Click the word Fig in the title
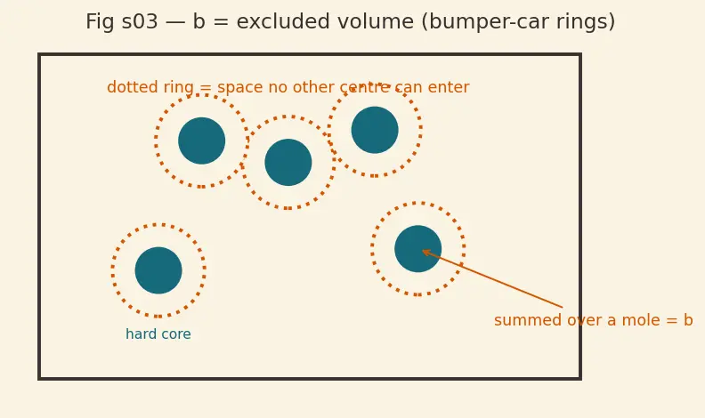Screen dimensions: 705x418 [99, 22]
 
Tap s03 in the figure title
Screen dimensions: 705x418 [140, 22]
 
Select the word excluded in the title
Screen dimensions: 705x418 [274, 21]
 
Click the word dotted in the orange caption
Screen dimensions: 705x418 [126, 87]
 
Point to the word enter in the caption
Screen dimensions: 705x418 [449, 87]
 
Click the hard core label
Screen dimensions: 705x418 [158, 334]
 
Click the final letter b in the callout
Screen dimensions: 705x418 [688, 320]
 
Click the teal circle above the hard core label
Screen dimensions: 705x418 [158, 270]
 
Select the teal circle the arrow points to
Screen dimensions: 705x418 [418, 249]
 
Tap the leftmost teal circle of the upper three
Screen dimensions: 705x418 [201, 141]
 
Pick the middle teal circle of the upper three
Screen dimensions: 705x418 [288, 162]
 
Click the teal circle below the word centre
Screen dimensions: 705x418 [375, 130]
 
